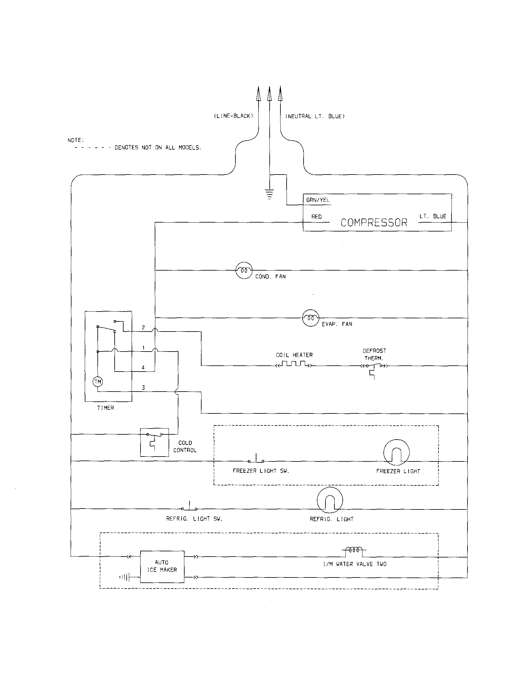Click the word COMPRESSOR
[374, 223]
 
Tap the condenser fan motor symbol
[244, 270]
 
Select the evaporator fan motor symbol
[310, 318]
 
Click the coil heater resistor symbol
[293, 364]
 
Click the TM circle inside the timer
[98, 381]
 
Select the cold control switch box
[154, 442]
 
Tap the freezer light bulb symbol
[396, 452]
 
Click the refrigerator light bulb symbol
[330, 500]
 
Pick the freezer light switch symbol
[256, 460]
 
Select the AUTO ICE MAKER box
[162, 566]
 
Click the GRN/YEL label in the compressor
[317, 200]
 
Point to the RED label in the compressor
[316, 216]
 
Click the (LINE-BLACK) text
[233, 116]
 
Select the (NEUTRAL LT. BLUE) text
[315, 116]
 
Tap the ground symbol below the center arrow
[269, 194]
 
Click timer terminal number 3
[143, 388]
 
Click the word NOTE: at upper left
[76, 140]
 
